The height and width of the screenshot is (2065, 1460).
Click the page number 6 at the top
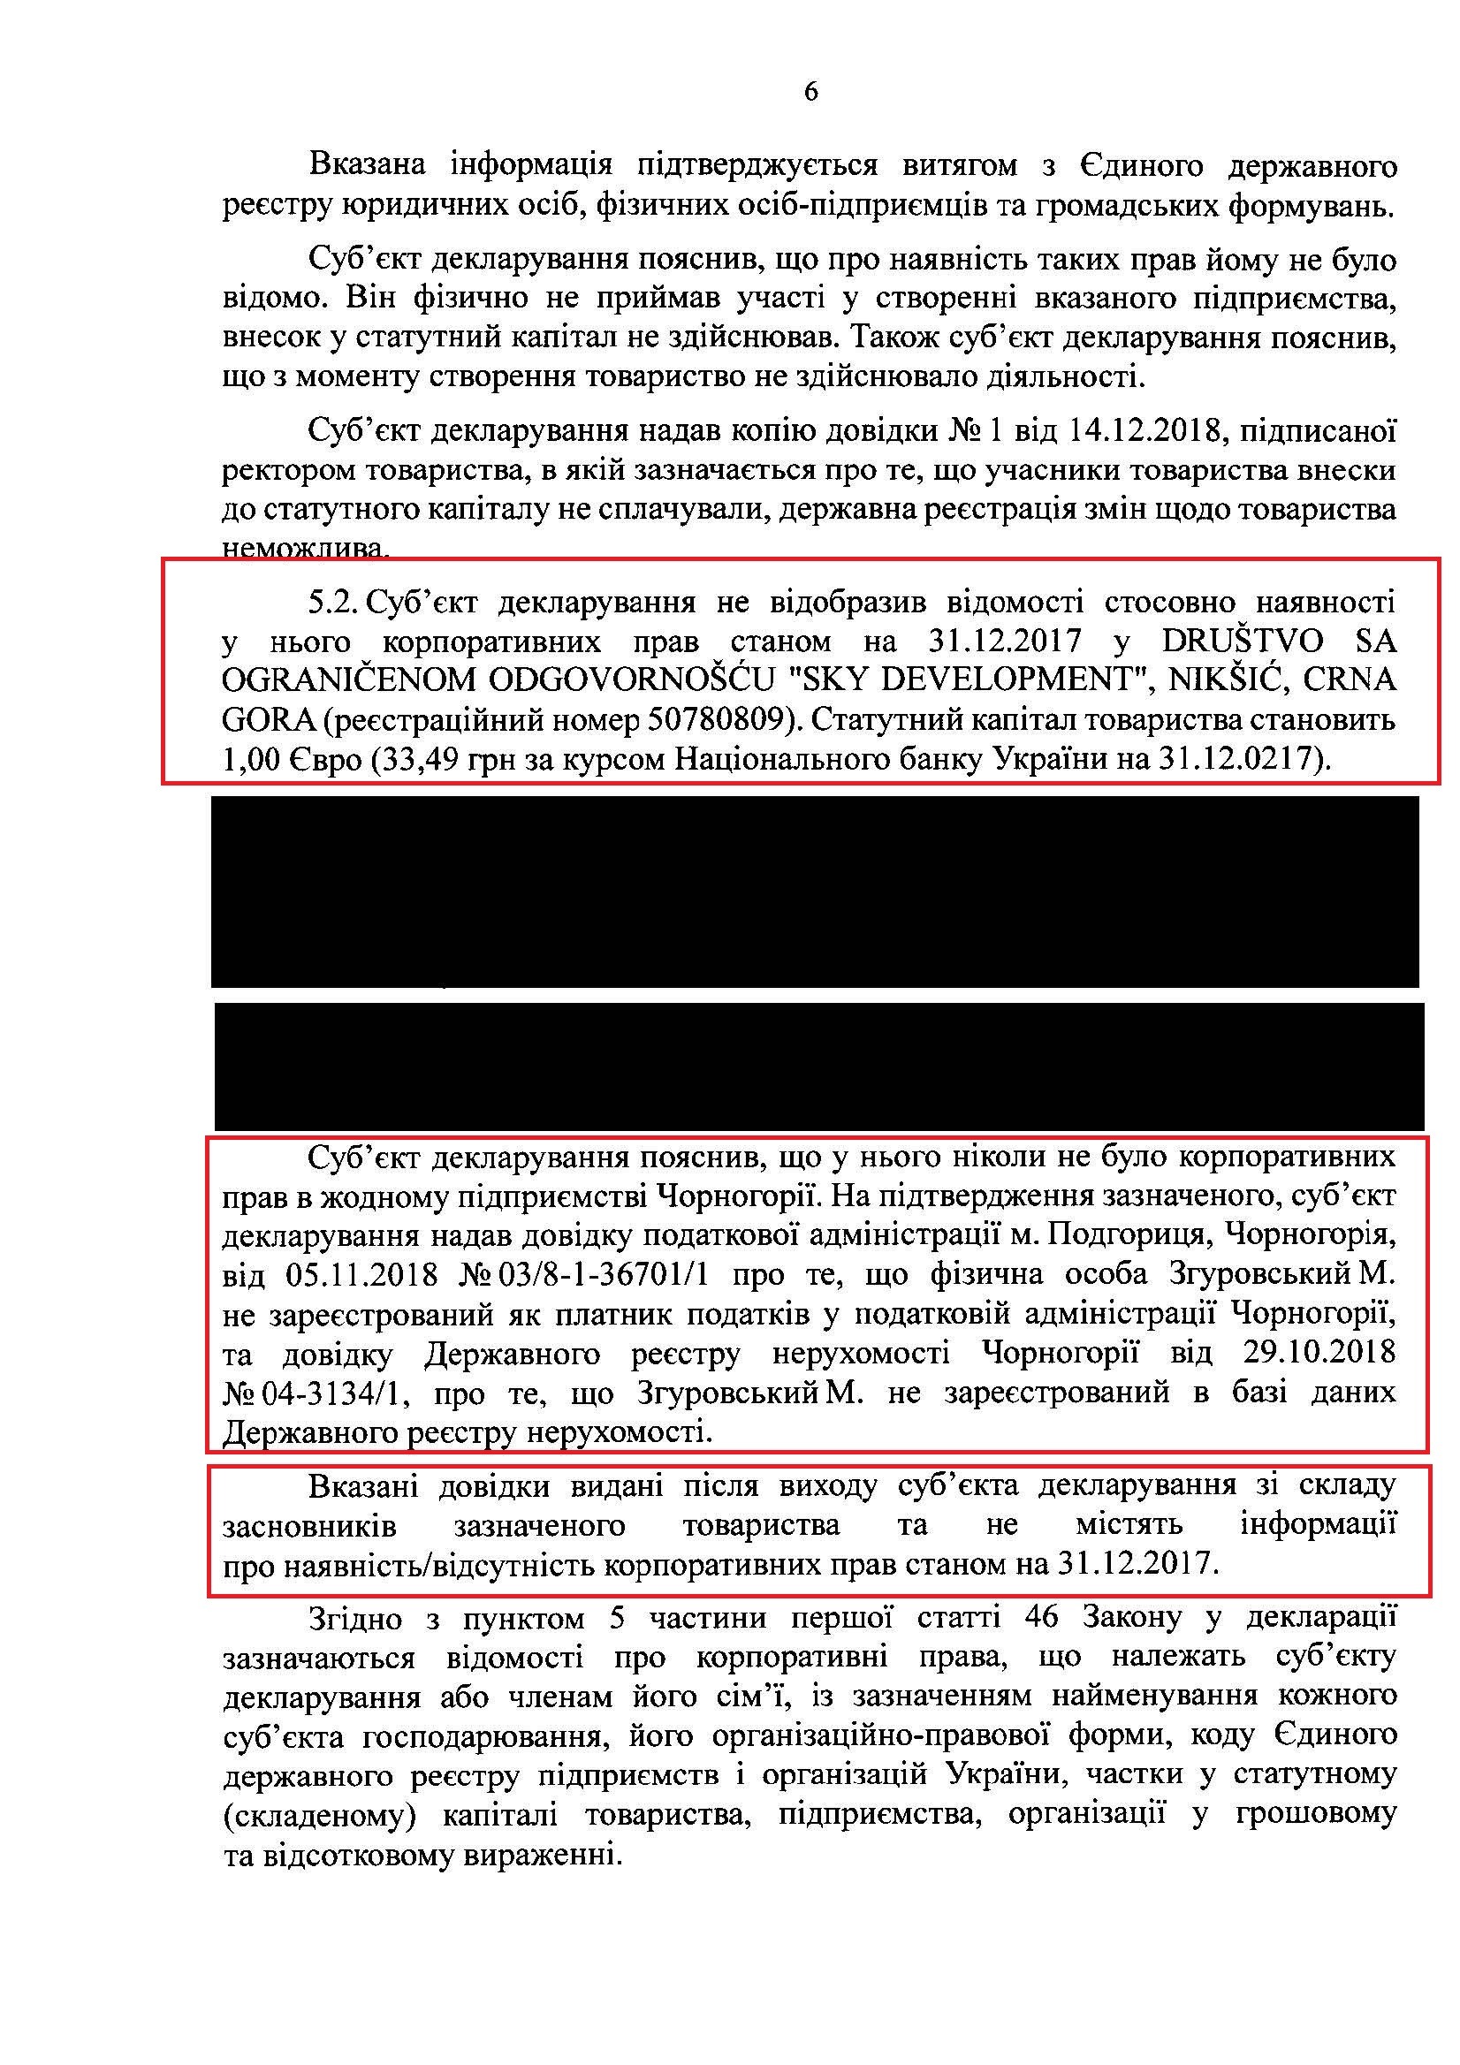click(810, 93)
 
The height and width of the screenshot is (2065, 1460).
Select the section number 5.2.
click(333, 602)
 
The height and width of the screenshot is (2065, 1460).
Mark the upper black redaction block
click(814, 891)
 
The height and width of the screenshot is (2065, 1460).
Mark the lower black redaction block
click(818, 1066)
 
